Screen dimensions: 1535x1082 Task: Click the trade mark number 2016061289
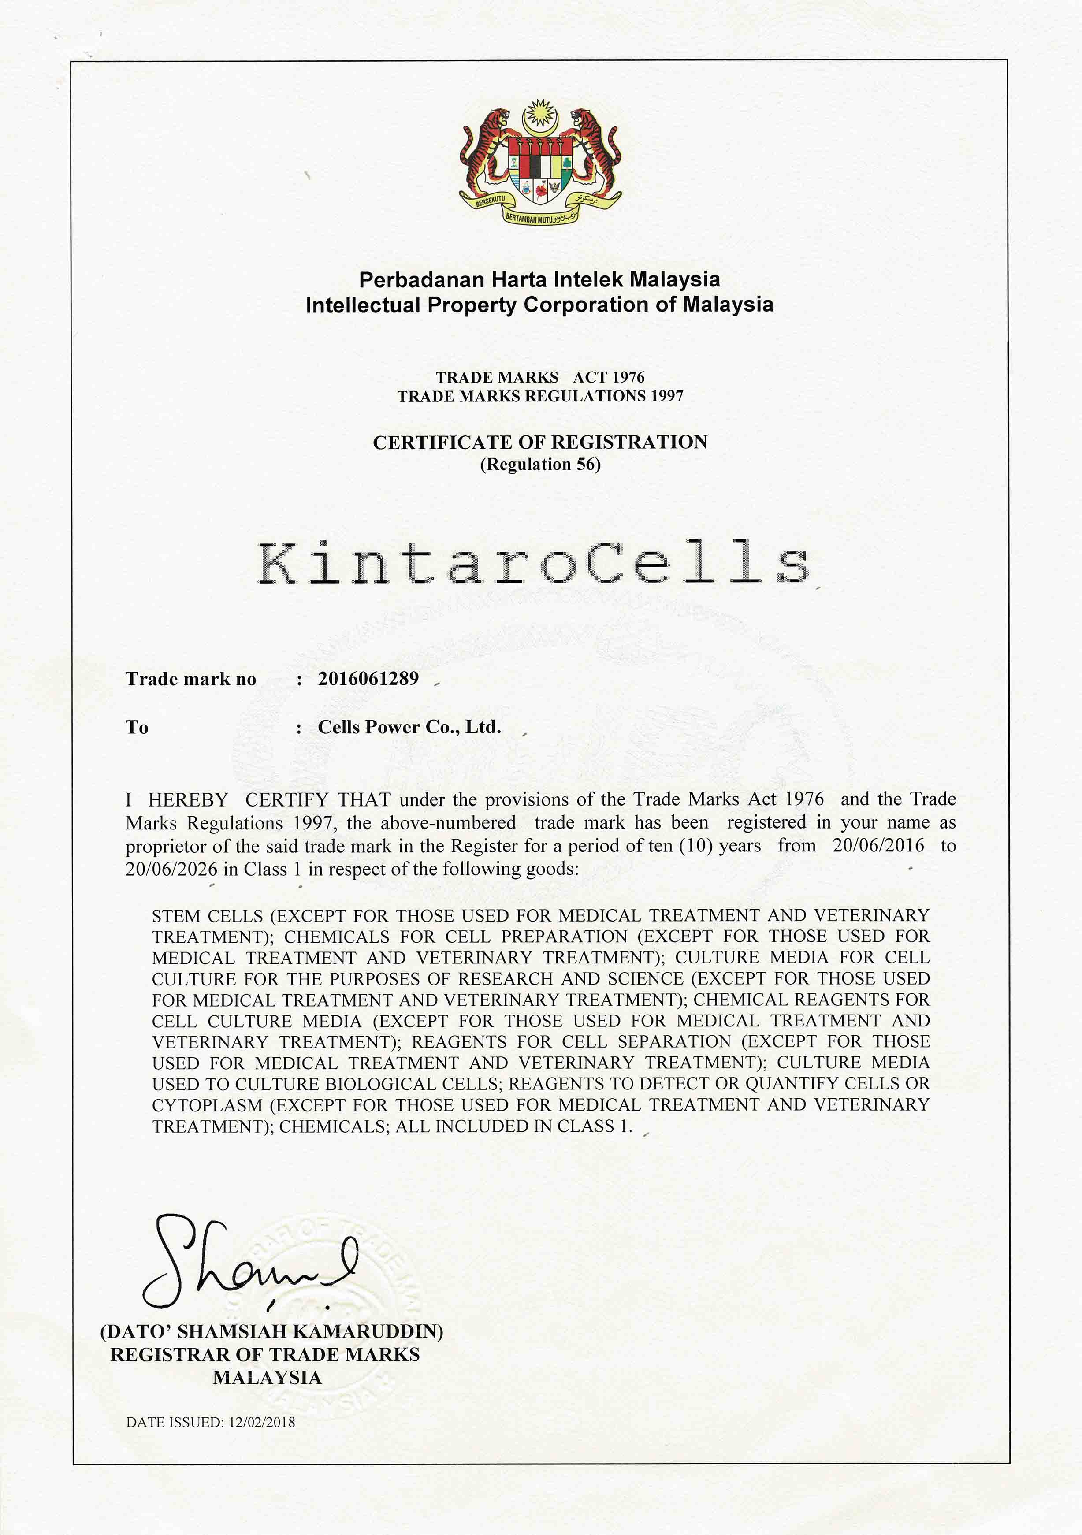click(368, 679)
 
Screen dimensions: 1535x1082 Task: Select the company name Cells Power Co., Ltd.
click(409, 727)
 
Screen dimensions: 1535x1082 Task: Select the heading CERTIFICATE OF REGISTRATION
click(539, 442)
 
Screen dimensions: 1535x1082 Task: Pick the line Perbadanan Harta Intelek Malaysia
click(539, 279)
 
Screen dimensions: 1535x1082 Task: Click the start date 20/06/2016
click(878, 846)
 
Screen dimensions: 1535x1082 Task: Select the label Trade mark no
click(190, 679)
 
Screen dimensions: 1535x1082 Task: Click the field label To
click(137, 727)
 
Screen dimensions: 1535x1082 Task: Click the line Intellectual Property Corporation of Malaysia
click(539, 305)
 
